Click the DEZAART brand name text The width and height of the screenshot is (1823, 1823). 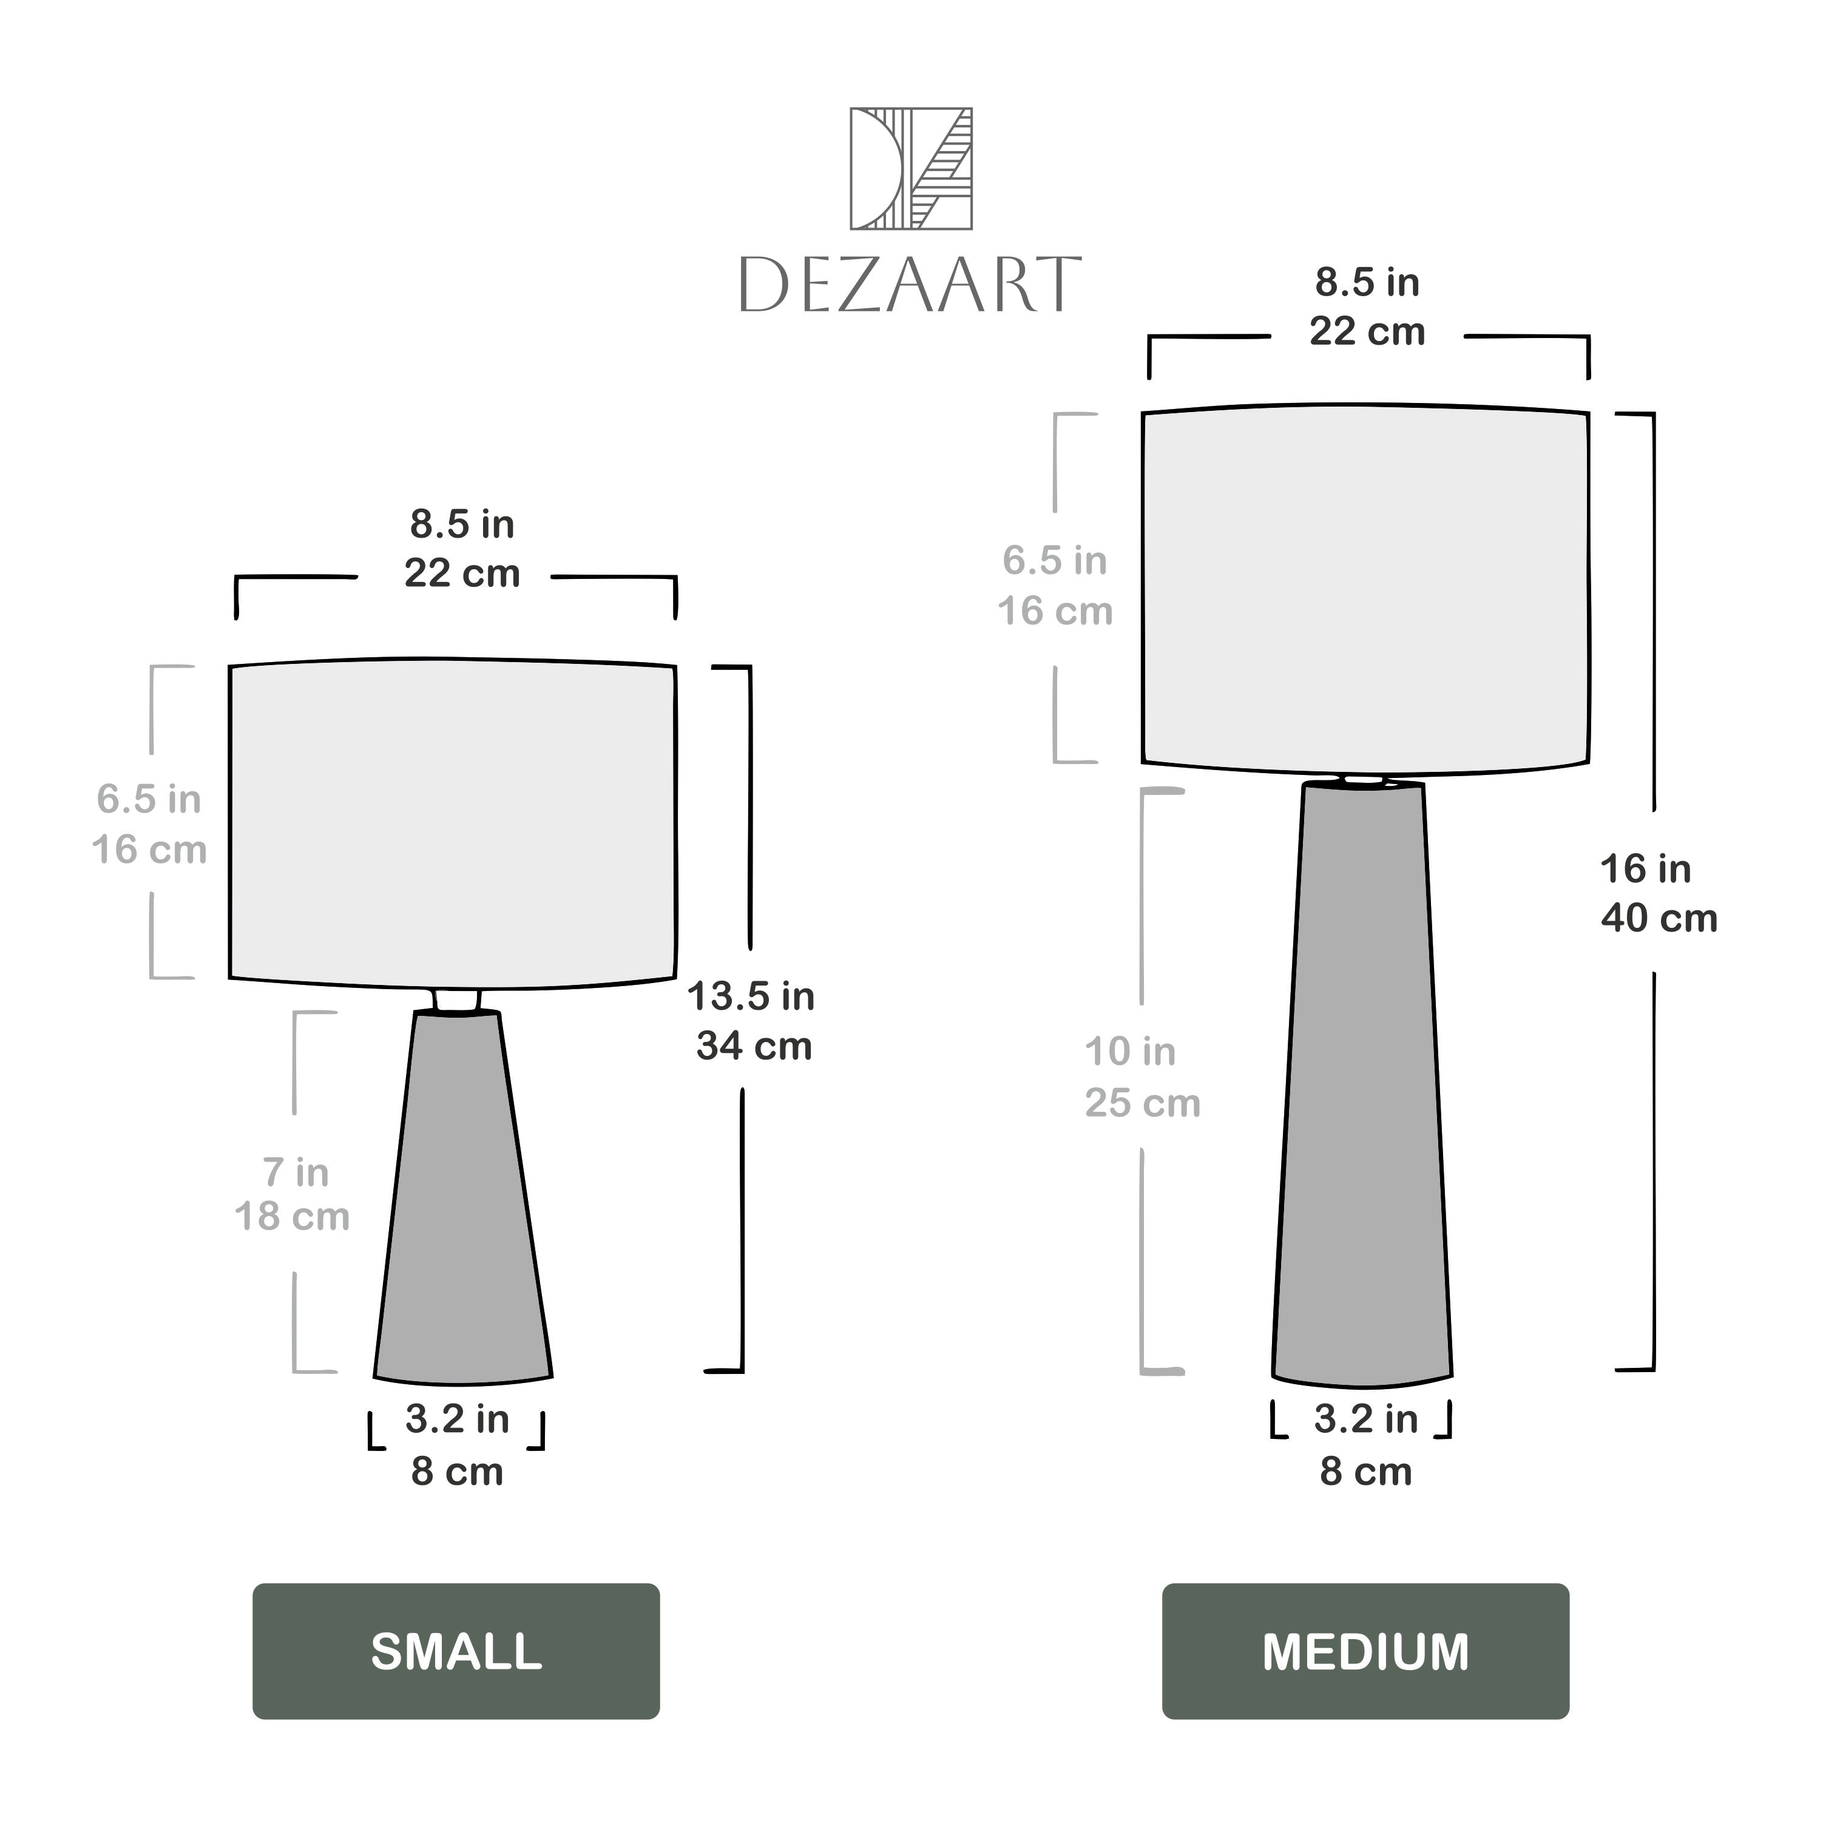(x=910, y=284)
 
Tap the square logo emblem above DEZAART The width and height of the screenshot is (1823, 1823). (x=910, y=168)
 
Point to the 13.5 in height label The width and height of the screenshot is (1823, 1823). (x=751, y=996)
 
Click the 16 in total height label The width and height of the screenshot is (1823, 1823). (x=1646, y=869)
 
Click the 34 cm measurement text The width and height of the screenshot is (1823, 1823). (x=754, y=1046)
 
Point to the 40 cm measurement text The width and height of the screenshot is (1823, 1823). (x=1659, y=918)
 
